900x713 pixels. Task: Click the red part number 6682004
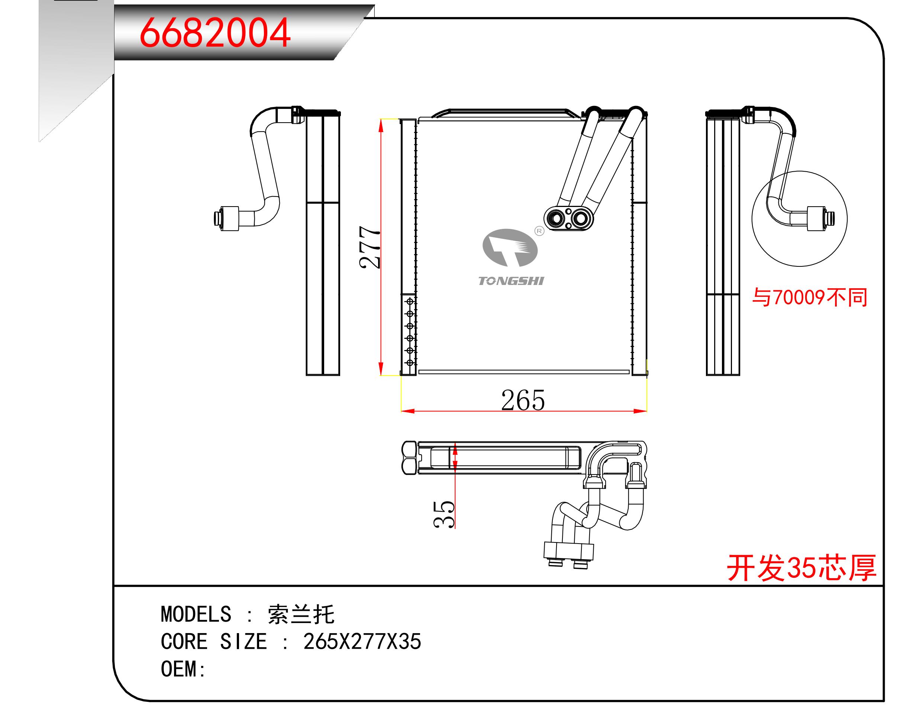(214, 33)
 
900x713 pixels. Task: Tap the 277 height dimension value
(370, 247)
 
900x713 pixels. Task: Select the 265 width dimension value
(523, 401)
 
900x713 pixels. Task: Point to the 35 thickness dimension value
(444, 515)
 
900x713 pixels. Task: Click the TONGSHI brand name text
(511, 281)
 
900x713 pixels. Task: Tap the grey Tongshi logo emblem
(510, 248)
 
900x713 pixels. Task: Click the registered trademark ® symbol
(539, 231)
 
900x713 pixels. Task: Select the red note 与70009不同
(809, 298)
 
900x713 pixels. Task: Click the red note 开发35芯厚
(801, 568)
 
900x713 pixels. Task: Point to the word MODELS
(196, 615)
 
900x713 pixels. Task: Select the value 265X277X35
(362, 642)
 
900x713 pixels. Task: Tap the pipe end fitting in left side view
(226, 218)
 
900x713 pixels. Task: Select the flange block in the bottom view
(568, 551)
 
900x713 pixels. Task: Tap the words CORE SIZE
(213, 642)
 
